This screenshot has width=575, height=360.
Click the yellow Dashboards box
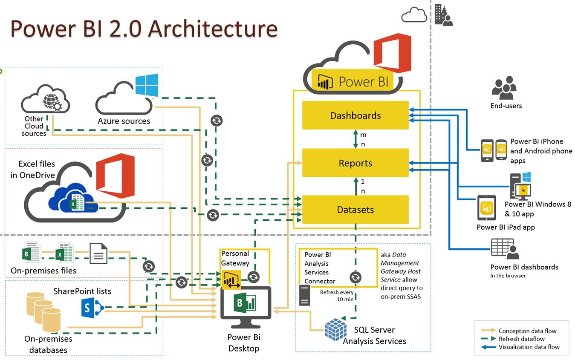[355, 115]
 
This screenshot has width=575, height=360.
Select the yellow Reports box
[355, 163]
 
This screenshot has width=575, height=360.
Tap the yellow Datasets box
[355, 210]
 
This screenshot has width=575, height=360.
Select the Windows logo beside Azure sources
[147, 85]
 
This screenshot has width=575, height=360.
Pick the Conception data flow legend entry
[527, 331]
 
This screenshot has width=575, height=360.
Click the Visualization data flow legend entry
[529, 347]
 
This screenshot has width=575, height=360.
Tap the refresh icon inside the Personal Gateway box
[253, 277]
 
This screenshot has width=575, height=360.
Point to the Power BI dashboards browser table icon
[504, 248]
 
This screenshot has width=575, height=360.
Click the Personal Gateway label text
[235, 258]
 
